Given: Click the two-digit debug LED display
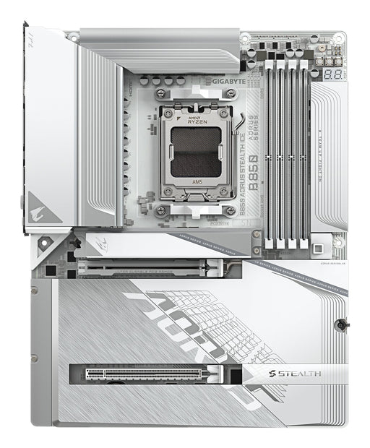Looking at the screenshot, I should (332, 75).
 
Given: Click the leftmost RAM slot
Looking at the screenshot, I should (269, 155).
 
